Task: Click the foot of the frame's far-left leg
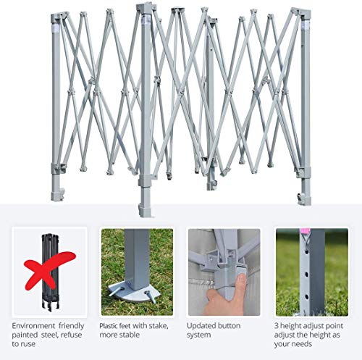coord(56,195)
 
